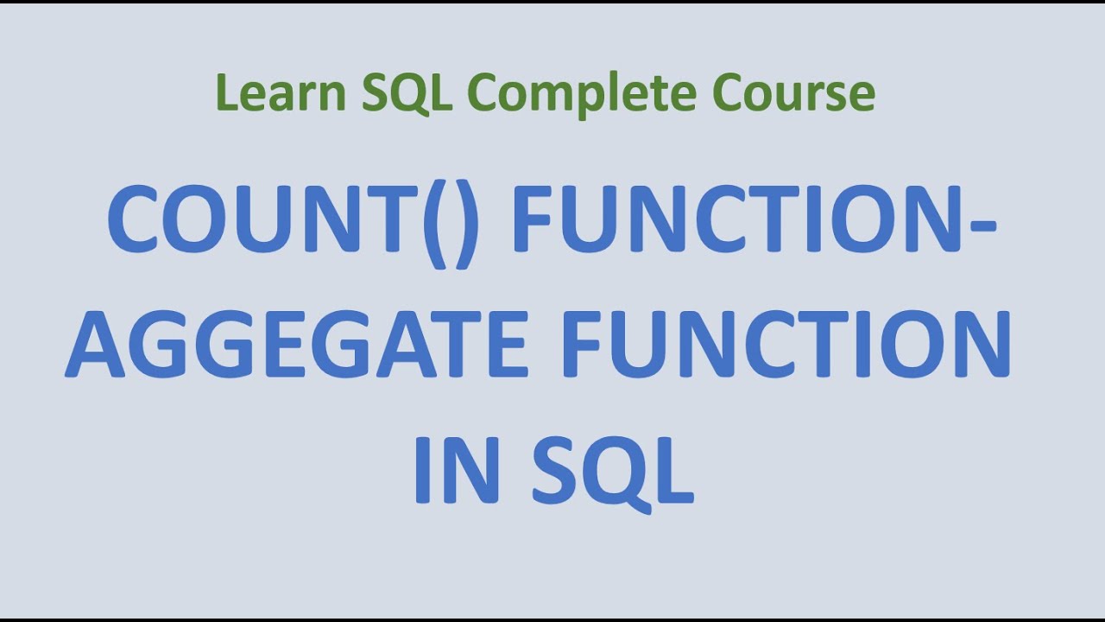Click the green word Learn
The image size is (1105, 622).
click(x=280, y=93)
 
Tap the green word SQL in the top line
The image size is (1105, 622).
click(x=406, y=93)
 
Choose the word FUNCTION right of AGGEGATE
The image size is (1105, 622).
click(x=786, y=345)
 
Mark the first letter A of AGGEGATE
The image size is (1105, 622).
click(x=96, y=345)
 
